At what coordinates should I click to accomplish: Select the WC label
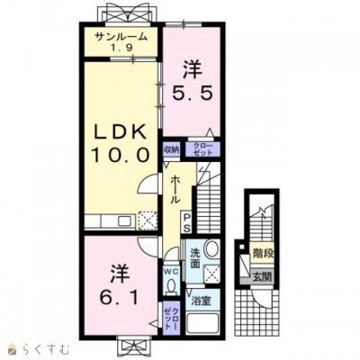pyautogui.click(x=170, y=272)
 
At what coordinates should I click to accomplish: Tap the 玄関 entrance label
pyautogui.click(x=261, y=275)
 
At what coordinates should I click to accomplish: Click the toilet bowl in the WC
pyautogui.click(x=171, y=285)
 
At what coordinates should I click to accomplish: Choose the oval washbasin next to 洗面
pyautogui.click(x=211, y=251)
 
